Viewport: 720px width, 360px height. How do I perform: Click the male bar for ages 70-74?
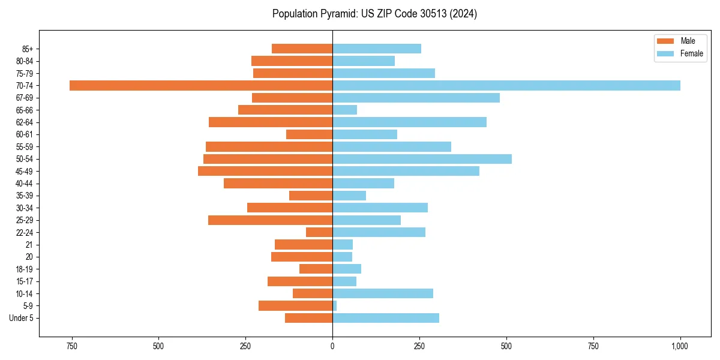point(201,85)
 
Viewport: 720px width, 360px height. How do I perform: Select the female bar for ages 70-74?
point(506,85)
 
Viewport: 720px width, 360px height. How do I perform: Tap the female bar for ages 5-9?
point(335,306)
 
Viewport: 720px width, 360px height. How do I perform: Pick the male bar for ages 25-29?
point(270,220)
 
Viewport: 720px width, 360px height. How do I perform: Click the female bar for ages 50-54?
point(422,159)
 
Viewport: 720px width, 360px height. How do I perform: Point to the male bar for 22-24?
point(319,232)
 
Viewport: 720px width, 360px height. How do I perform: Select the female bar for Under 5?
point(386,318)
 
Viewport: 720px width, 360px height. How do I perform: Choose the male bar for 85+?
point(302,49)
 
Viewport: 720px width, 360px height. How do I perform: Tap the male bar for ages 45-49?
point(265,171)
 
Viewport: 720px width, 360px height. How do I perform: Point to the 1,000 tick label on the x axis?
point(680,346)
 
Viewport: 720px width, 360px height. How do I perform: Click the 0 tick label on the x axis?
point(332,346)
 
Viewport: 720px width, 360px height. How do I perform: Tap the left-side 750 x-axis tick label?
point(71,346)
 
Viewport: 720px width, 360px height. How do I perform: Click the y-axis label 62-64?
point(25,122)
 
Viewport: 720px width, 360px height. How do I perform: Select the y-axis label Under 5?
point(21,318)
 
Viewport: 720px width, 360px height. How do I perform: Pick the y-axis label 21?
point(29,245)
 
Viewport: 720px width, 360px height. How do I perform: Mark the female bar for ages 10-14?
point(383,293)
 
